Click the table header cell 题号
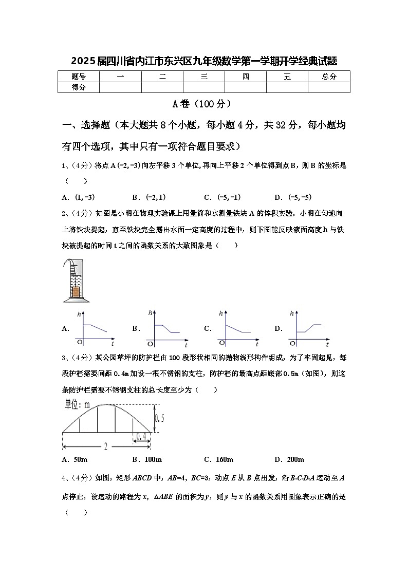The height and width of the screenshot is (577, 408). click(x=79, y=77)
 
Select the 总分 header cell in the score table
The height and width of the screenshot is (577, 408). click(x=329, y=77)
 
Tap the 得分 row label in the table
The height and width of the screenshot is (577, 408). click(x=79, y=87)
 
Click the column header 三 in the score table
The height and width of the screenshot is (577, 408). click(x=204, y=77)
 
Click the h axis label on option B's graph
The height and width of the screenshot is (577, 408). click(x=150, y=312)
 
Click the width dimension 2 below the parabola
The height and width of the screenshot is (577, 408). click(x=105, y=447)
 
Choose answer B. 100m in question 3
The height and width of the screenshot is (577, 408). click(x=147, y=459)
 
